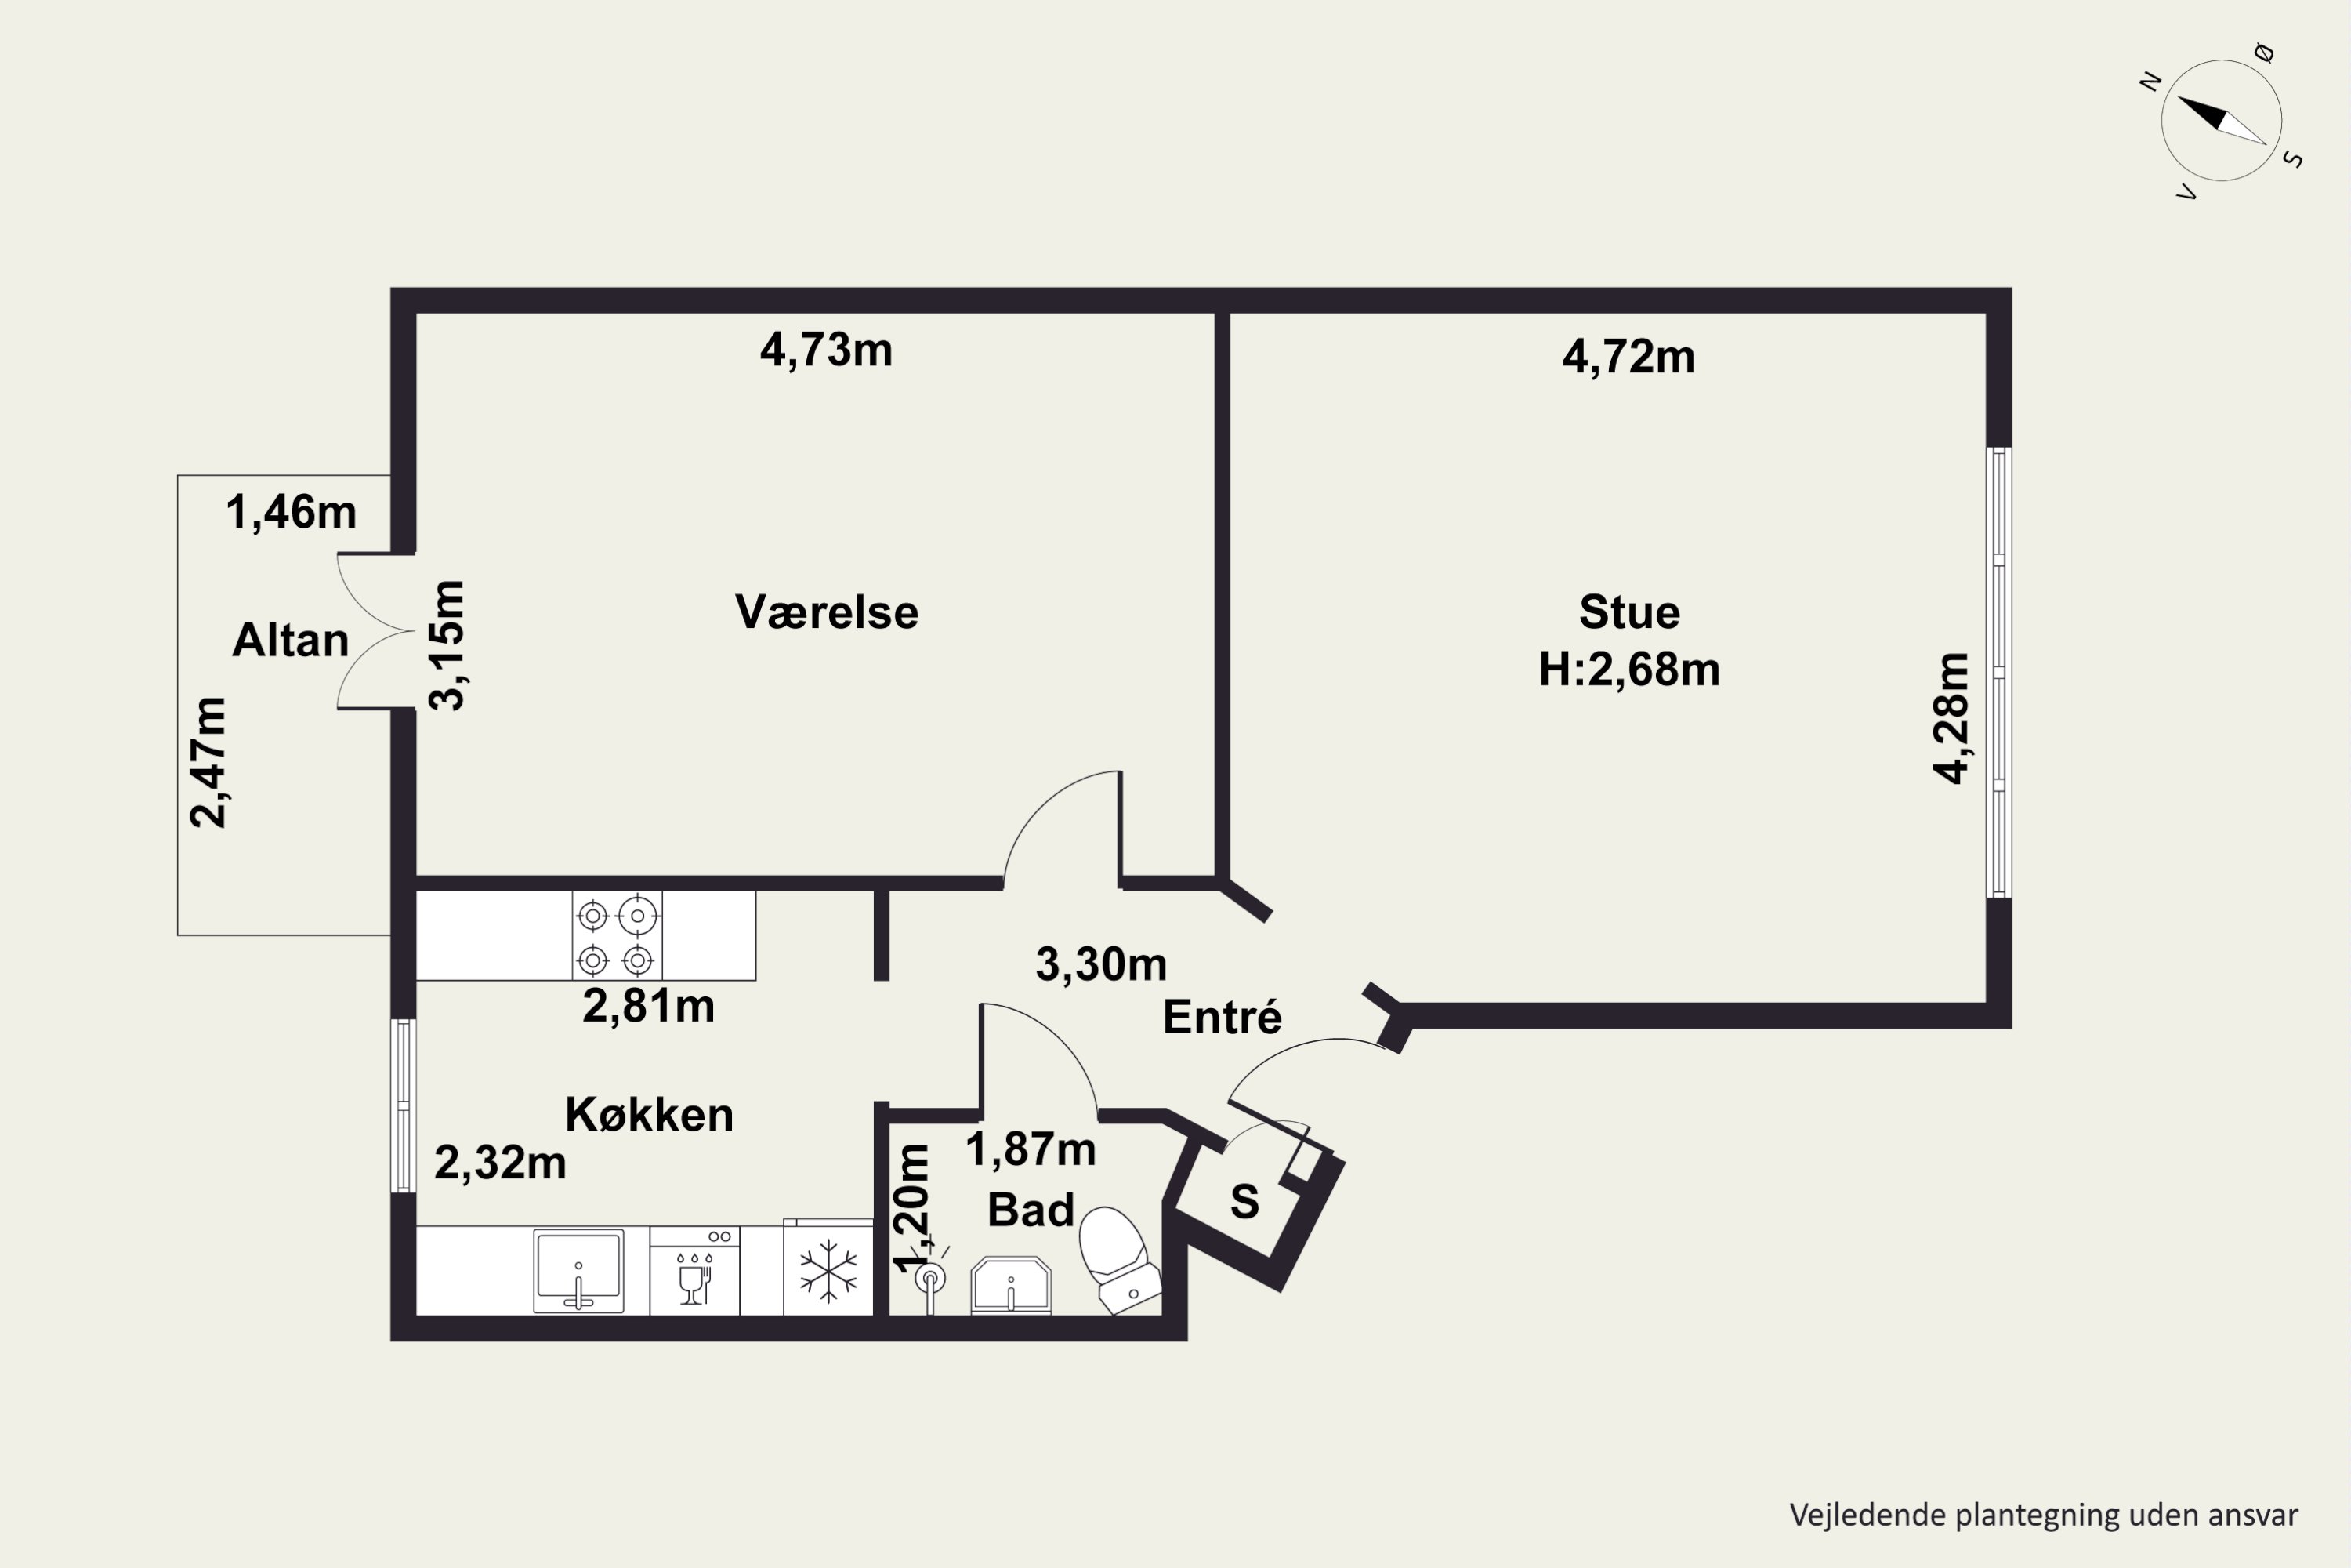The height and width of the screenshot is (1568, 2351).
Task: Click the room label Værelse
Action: pyautogui.click(x=827, y=612)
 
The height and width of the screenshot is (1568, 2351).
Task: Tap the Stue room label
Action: pyautogui.click(x=1629, y=612)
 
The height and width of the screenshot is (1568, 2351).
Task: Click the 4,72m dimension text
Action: pyautogui.click(x=1629, y=357)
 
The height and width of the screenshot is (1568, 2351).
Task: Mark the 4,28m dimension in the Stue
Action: pyautogui.click(x=1951, y=718)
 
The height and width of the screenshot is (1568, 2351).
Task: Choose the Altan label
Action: pyautogui.click(x=290, y=640)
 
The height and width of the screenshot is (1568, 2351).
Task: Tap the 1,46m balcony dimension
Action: pyautogui.click(x=291, y=512)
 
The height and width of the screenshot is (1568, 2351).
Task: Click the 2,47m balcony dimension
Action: pyautogui.click(x=208, y=762)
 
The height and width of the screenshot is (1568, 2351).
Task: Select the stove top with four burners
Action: pyautogui.click(x=617, y=935)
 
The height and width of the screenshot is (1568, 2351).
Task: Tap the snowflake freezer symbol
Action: pyautogui.click(x=828, y=1271)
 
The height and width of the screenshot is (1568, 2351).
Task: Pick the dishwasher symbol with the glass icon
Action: pyautogui.click(x=694, y=1271)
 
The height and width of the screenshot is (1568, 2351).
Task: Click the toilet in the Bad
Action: pyautogui.click(x=1120, y=1261)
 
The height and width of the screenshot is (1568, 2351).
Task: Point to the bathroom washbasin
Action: pyautogui.click(x=1012, y=1285)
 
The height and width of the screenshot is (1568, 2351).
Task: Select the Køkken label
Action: pyautogui.click(x=650, y=1114)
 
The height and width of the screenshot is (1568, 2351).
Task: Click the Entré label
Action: pyautogui.click(x=1222, y=1017)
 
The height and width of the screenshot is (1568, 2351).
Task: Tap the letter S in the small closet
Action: pyautogui.click(x=1244, y=1201)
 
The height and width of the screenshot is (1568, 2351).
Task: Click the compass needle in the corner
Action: pyautogui.click(x=2221, y=121)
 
